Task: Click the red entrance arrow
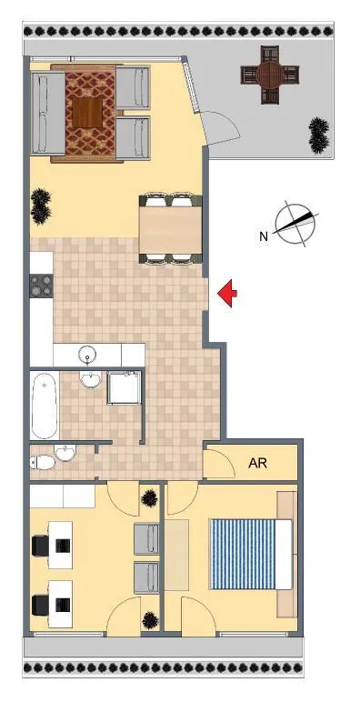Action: tap(228, 294)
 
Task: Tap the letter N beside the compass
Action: tap(264, 236)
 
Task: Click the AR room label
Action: tap(258, 463)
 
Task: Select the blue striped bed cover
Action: tap(243, 554)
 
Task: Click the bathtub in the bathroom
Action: tap(44, 406)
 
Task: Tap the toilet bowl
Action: tap(42, 462)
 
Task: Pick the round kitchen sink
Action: tap(87, 356)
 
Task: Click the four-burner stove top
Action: tap(41, 286)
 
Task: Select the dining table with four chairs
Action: tap(171, 229)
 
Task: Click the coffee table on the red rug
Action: tap(87, 113)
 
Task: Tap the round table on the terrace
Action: tap(269, 75)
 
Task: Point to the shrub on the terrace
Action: tap(318, 135)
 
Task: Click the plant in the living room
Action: tap(41, 206)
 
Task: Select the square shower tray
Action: tap(124, 387)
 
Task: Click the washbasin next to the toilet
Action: tap(65, 453)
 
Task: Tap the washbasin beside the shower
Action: tap(91, 379)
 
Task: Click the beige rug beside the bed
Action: tap(177, 556)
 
